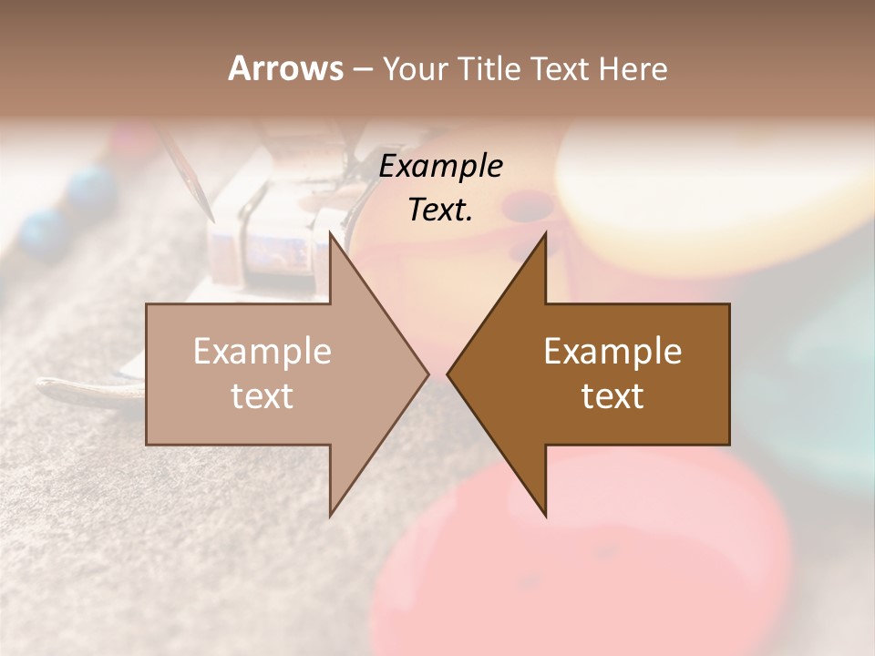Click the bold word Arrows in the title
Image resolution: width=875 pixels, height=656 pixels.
285,67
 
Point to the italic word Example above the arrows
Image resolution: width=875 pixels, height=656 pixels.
441,167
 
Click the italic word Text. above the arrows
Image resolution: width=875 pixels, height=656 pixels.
441,210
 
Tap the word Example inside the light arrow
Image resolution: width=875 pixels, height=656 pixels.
262,352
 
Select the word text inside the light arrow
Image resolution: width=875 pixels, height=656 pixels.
262,396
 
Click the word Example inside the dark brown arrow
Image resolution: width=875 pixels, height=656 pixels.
612,352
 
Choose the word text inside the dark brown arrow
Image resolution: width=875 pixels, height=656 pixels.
612,396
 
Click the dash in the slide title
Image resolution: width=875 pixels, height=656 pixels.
362,69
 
